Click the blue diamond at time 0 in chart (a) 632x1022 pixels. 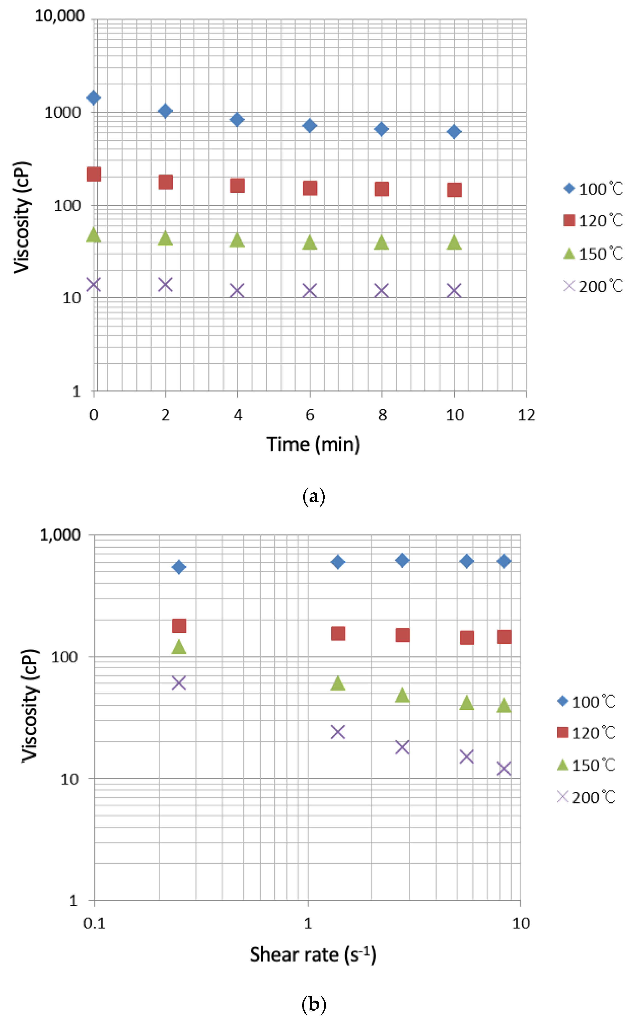click(x=93, y=98)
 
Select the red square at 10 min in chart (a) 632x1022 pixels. click(x=454, y=190)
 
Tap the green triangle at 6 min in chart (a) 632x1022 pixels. click(x=309, y=242)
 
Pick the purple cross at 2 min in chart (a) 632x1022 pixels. click(x=165, y=285)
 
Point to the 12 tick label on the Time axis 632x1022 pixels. click(x=526, y=415)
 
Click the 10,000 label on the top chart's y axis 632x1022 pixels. click(x=60, y=16)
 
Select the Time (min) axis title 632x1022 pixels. click(x=313, y=444)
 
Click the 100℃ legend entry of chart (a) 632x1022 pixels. click(x=593, y=189)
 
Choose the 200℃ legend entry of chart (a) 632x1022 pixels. click(x=593, y=286)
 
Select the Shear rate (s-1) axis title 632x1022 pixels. click(x=313, y=955)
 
